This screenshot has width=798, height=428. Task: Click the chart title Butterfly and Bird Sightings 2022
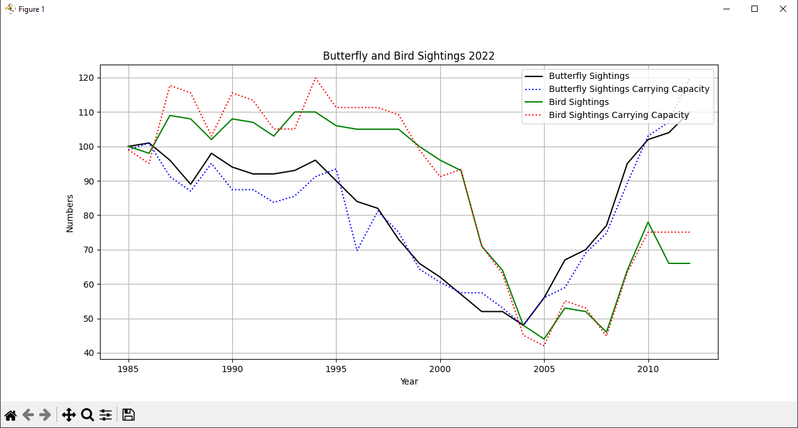[409, 56]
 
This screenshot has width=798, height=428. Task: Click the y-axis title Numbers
[70, 213]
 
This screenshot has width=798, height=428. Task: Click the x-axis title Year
[409, 381]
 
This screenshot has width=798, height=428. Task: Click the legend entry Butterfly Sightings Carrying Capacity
[628, 89]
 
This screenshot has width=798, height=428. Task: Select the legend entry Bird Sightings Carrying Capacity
[619, 115]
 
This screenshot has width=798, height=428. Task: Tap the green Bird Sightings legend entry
[578, 102]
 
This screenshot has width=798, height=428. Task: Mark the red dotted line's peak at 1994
[315, 78]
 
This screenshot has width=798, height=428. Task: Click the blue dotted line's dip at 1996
[357, 251]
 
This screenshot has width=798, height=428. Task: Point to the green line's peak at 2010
[648, 222]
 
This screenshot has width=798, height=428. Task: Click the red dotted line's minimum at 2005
[544, 346]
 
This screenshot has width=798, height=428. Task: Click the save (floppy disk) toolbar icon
[129, 415]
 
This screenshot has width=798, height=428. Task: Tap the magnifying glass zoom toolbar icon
[88, 415]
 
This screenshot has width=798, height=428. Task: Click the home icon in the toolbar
[11, 415]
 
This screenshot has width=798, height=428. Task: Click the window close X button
[783, 9]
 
